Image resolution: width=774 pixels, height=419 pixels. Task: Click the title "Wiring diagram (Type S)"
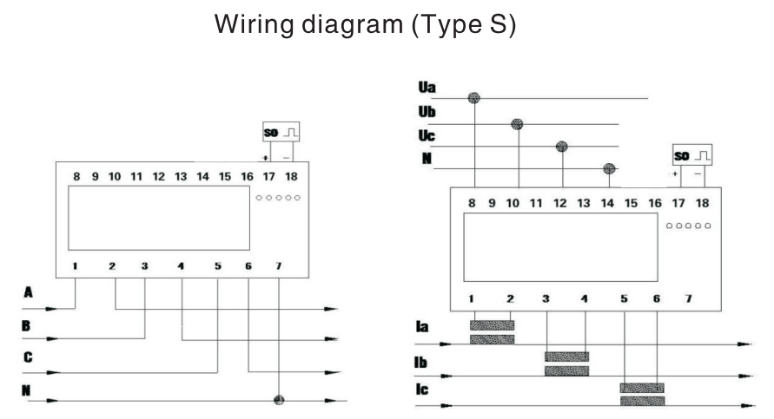tap(369, 26)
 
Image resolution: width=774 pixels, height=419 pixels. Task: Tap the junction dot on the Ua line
tap(474, 98)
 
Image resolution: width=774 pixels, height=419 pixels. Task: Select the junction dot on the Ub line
tap(519, 123)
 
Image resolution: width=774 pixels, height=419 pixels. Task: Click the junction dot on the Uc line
tap(562, 146)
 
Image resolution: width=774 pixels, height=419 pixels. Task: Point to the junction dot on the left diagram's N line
tap(279, 401)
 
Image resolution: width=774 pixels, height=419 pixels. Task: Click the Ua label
tap(427, 88)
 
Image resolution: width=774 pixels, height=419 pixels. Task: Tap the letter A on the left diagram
tap(29, 293)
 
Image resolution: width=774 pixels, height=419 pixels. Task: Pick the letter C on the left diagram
tap(29, 356)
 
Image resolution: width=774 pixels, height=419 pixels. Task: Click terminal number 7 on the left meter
tap(278, 265)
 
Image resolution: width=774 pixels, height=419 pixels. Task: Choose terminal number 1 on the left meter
tap(76, 265)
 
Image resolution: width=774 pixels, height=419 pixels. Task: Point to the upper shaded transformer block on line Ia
tap(491, 325)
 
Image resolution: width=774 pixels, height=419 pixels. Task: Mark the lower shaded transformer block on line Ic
tap(643, 402)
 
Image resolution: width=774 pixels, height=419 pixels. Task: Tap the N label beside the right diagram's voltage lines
tap(426, 159)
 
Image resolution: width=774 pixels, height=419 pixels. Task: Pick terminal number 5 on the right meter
tap(624, 298)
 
